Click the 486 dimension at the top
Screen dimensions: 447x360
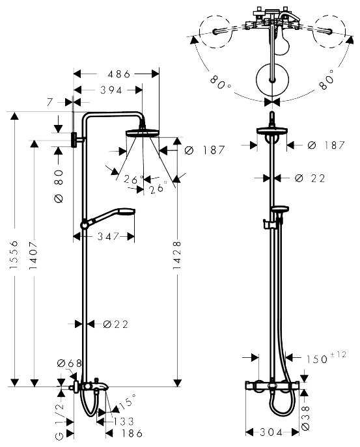tap(117, 75)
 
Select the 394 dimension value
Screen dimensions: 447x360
tap(108, 90)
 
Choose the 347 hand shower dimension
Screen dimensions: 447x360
tap(109, 237)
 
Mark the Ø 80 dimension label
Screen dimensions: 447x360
tap(58, 185)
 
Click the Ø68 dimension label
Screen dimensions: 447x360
tap(69, 363)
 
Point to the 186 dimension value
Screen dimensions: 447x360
tap(132, 434)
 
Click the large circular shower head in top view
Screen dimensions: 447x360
tap(271, 80)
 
